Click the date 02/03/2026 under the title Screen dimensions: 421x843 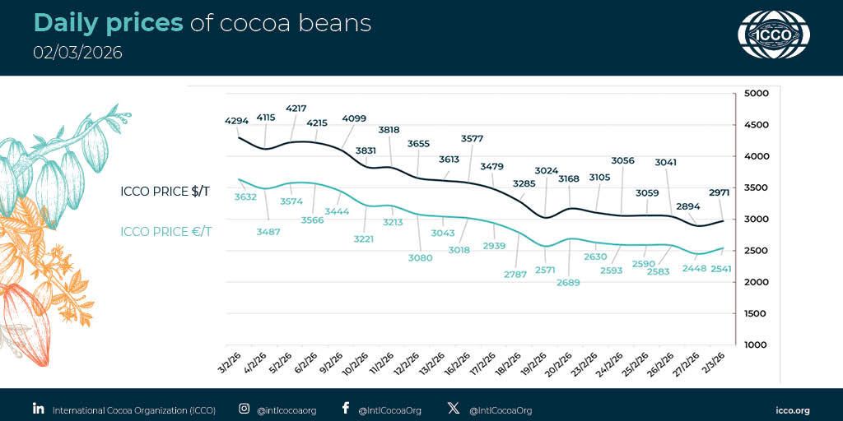[77, 53]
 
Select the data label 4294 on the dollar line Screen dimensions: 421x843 [236, 121]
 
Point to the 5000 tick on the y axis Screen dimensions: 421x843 [755, 94]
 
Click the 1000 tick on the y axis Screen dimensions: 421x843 [755, 345]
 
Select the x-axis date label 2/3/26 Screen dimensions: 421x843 [712, 360]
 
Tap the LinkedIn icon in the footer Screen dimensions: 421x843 [38, 408]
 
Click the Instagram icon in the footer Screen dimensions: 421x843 [244, 408]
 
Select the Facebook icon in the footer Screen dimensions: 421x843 [345, 408]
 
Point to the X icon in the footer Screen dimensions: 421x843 [453, 408]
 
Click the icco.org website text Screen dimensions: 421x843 [793, 409]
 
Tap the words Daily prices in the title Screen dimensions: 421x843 [108, 23]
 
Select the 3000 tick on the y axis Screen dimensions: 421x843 [755, 220]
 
